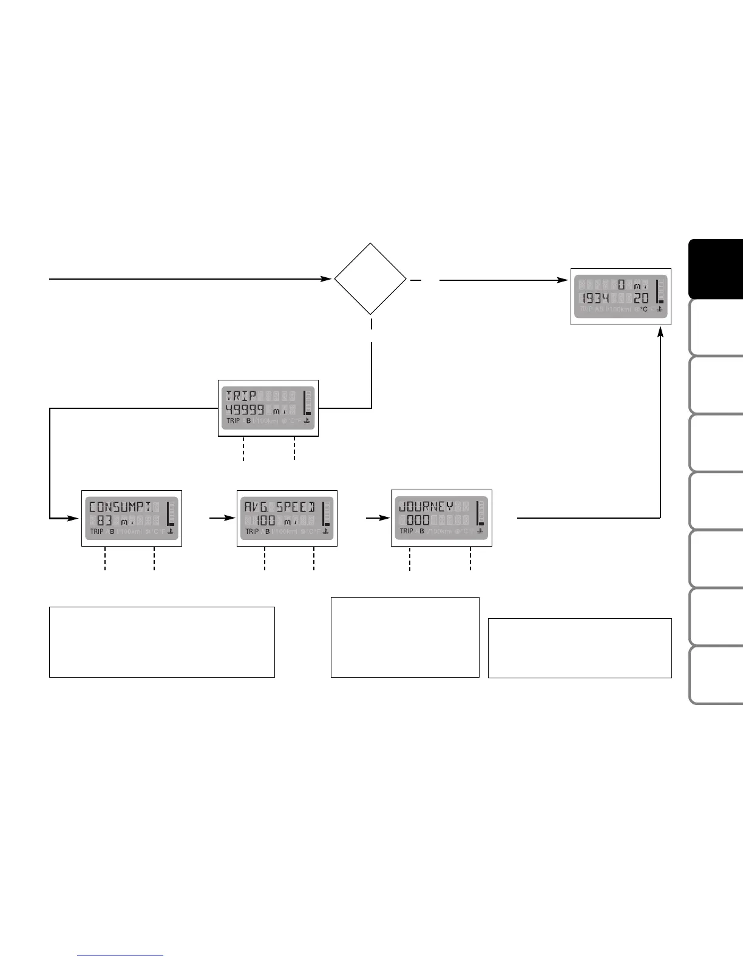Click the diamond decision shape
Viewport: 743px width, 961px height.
tap(370, 279)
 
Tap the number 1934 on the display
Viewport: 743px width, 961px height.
tap(595, 298)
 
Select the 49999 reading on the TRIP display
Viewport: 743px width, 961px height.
tap(245, 410)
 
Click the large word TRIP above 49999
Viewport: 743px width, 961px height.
tap(242, 396)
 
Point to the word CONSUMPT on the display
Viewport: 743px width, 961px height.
tap(120, 507)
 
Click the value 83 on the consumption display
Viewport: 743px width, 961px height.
tap(104, 521)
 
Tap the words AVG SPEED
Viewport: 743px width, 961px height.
tap(279, 507)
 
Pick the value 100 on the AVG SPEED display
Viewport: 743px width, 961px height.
tap(266, 521)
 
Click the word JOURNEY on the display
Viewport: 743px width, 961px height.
tap(426, 506)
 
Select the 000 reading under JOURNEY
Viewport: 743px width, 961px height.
tap(418, 520)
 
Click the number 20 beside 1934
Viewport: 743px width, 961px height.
tap(641, 298)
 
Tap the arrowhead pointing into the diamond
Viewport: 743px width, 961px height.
tap(328, 279)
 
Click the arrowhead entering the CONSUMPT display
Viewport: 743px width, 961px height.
tap(73, 519)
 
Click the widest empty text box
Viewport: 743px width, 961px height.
tap(161, 641)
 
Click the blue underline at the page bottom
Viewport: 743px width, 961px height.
tap(121, 956)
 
